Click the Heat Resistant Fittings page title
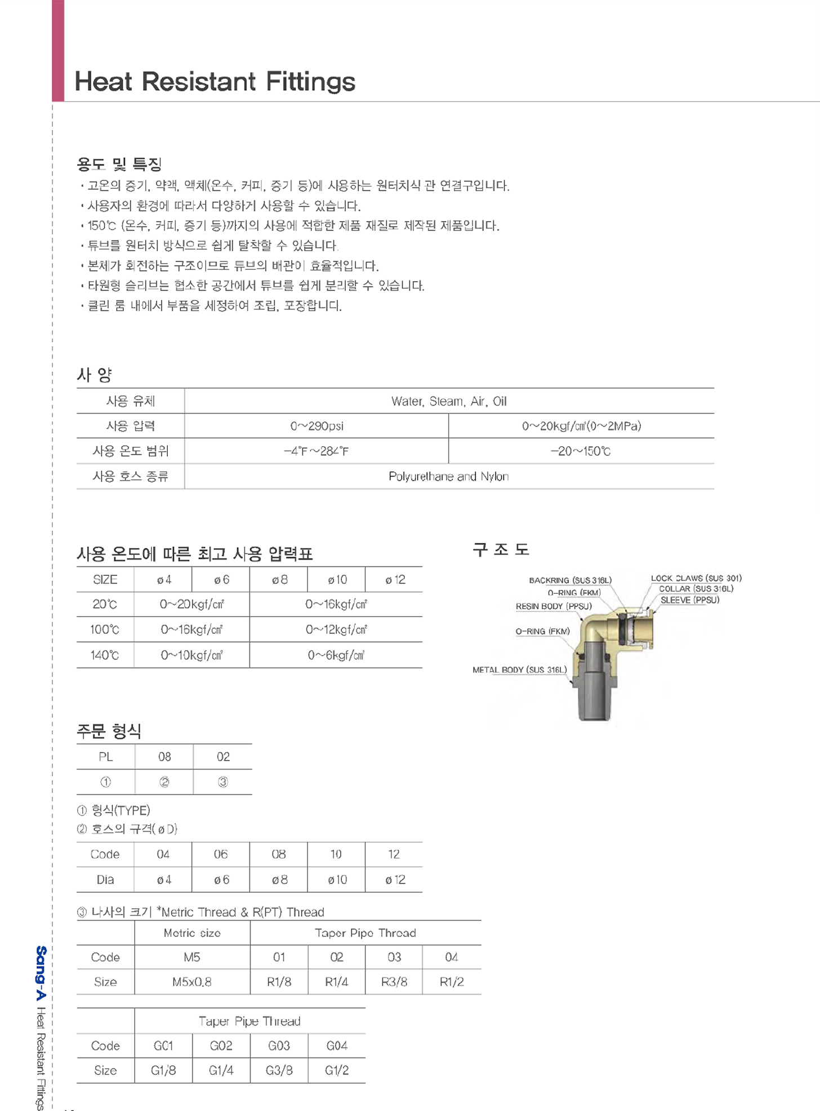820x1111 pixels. (x=215, y=81)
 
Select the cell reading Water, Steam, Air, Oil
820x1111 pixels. (x=449, y=401)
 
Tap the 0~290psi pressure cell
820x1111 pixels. (x=317, y=426)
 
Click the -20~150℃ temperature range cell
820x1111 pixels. (x=580, y=451)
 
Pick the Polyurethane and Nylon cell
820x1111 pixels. (x=449, y=477)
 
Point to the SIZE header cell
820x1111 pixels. (x=105, y=580)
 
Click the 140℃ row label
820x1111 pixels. (x=105, y=655)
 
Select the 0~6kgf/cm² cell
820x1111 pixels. (x=336, y=655)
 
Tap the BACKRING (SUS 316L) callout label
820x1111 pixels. (x=570, y=580)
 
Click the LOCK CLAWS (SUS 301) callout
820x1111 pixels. (x=696, y=578)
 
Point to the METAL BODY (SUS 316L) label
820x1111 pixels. (x=519, y=670)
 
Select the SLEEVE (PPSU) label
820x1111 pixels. (x=689, y=600)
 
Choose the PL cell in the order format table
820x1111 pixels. (x=106, y=757)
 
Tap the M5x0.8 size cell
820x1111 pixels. (x=192, y=982)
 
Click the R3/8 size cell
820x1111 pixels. (x=394, y=982)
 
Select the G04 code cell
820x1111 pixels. (x=337, y=1046)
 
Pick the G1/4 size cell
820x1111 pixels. (x=221, y=1070)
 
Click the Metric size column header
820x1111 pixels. (x=192, y=933)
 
